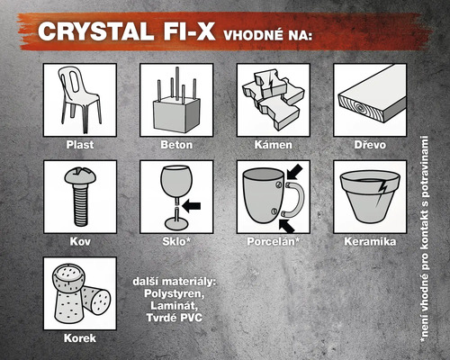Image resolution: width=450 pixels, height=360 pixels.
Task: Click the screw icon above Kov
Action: (x=79, y=196)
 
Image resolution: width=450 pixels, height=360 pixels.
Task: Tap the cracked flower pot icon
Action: (x=370, y=196)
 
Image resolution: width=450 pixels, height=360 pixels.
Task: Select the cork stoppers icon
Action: (x=80, y=293)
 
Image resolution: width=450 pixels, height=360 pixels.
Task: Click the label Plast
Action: (x=80, y=144)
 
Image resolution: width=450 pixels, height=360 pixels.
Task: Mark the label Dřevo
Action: (x=370, y=144)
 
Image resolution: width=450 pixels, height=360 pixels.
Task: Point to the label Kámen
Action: (x=273, y=144)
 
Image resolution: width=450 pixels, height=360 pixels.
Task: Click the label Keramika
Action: (x=370, y=241)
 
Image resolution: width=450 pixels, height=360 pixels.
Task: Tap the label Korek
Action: (x=80, y=338)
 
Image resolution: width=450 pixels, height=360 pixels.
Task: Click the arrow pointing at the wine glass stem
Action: (x=193, y=205)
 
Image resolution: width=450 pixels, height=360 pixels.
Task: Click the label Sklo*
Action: (x=175, y=241)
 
